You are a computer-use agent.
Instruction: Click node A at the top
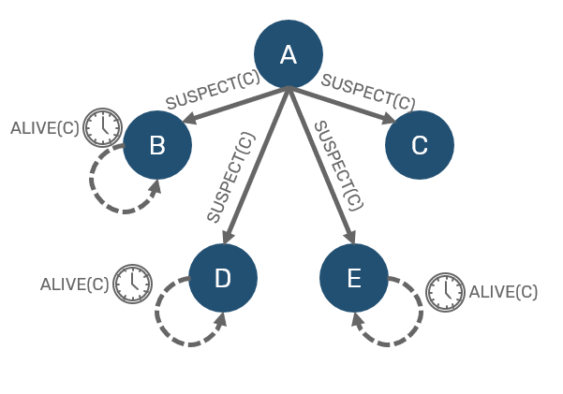[x=289, y=53]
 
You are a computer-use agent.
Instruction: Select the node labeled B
[x=157, y=145]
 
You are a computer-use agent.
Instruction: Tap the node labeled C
[x=420, y=145]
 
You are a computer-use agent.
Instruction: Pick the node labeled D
[x=222, y=278]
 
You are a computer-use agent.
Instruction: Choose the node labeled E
[x=354, y=278]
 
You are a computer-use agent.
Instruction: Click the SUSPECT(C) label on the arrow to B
[x=212, y=91]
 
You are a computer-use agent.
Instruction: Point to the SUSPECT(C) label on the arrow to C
[x=368, y=91]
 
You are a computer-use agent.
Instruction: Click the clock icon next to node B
[x=102, y=126]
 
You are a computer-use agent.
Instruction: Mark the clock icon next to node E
[x=445, y=292]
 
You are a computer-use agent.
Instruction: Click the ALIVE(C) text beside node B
[x=44, y=127]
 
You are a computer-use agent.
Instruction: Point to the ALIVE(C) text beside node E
[x=503, y=292]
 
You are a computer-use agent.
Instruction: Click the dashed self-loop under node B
[x=111, y=186]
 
